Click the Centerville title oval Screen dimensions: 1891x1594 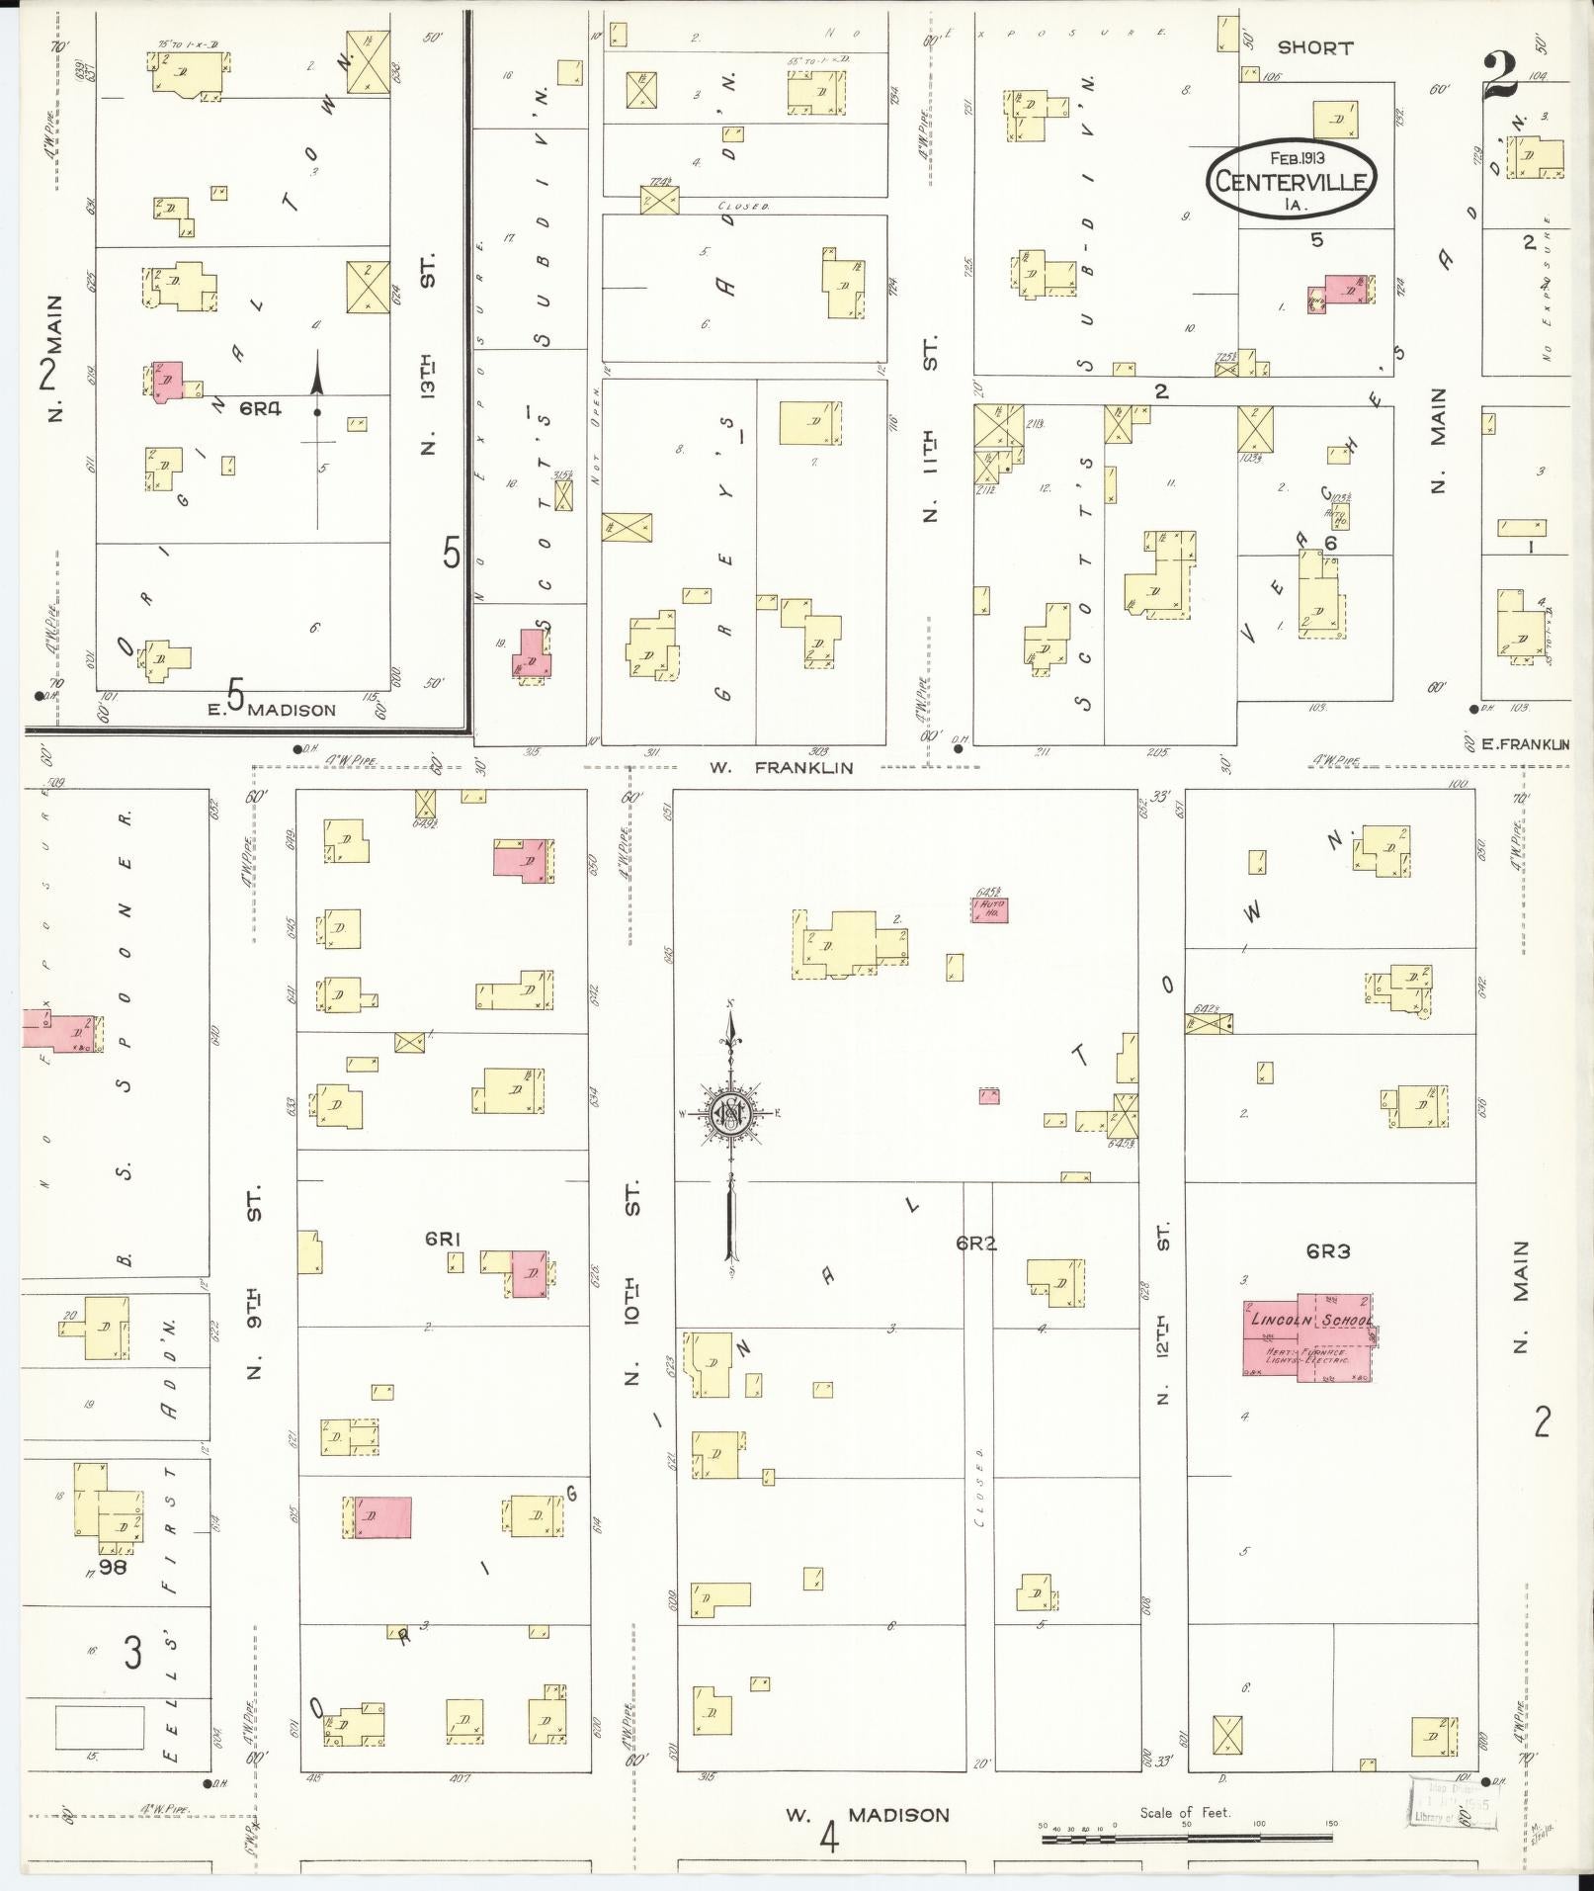click(1291, 181)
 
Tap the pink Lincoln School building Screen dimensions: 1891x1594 click(1308, 1337)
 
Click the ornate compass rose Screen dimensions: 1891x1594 click(730, 1114)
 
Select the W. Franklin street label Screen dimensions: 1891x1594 click(780, 767)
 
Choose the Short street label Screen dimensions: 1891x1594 click(1314, 47)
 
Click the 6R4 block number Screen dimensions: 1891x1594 click(260, 406)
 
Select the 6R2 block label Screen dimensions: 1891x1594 click(975, 1244)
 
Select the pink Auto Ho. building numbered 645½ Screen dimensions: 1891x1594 click(990, 909)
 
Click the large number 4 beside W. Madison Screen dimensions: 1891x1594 click(828, 1839)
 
